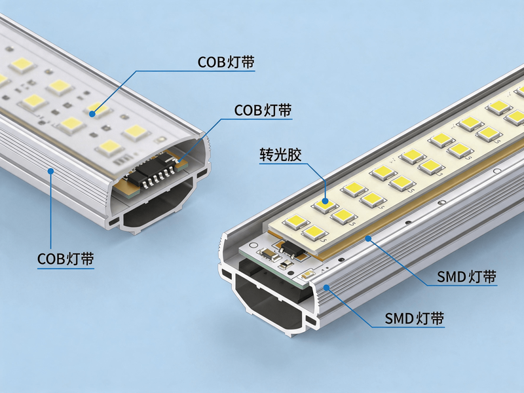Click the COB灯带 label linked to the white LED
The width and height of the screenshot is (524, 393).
226,62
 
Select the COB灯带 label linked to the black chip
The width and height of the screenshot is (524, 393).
263,110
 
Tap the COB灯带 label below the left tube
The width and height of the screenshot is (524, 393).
65,259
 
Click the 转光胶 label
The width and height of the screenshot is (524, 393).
281,155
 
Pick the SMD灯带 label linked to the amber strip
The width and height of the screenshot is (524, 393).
467,276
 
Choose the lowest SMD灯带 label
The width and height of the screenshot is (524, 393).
415,318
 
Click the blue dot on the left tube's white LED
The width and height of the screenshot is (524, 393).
92,114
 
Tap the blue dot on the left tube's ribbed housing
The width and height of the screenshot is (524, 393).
51,171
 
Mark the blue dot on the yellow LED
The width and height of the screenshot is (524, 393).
325,201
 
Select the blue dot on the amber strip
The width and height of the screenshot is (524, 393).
368,238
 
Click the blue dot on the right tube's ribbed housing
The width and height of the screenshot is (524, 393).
326,287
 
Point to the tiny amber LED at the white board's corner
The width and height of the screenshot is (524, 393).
306,276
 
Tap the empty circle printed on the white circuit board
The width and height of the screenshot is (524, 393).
257,244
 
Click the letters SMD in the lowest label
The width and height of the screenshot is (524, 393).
399,318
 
